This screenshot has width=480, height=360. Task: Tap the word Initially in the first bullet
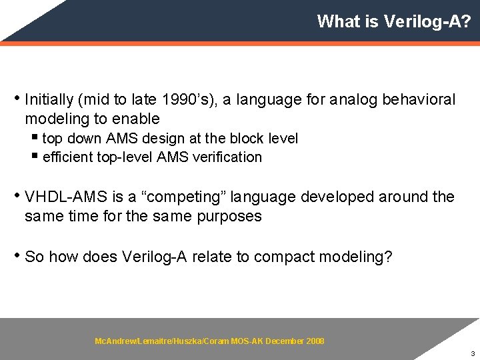tap(49, 100)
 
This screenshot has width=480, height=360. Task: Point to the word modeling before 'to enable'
tap(57, 119)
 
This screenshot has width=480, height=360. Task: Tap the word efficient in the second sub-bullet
tap(65, 157)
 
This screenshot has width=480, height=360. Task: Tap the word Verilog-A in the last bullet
tap(155, 257)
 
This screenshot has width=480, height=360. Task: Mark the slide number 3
tap(472, 353)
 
